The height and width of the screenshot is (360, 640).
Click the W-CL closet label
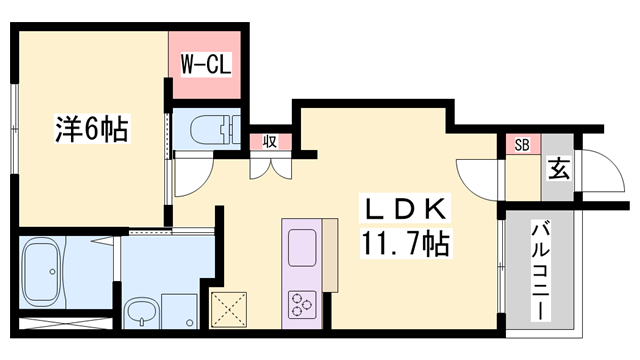[206, 64]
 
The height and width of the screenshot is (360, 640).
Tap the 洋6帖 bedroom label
[92, 129]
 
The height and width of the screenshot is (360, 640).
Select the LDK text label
[405, 208]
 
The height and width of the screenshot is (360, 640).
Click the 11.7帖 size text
[405, 243]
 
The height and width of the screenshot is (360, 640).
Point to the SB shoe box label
[522, 145]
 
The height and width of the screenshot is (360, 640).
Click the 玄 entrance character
[558, 169]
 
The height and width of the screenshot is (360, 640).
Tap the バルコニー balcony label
[540, 271]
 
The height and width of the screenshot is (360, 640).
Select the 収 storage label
[270, 142]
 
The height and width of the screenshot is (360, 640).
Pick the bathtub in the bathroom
[43, 272]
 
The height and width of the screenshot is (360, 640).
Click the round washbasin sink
[141, 312]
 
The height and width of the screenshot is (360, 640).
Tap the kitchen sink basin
[302, 248]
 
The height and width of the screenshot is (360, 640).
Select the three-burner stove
[302, 304]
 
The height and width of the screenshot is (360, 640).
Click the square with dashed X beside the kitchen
[229, 309]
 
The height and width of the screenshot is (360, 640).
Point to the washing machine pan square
[179, 311]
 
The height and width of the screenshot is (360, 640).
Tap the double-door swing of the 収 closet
[271, 169]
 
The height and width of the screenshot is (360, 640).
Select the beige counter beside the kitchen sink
[330, 256]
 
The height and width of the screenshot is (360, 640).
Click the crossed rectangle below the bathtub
[66, 323]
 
